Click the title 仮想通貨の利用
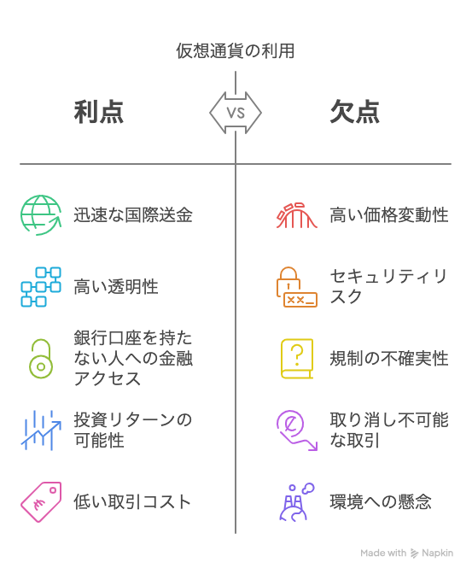pyautogui.click(x=236, y=50)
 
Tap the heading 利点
pyautogui.click(x=99, y=112)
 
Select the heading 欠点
pyautogui.click(x=354, y=112)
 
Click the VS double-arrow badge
pyautogui.click(x=236, y=113)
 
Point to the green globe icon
pyautogui.click(x=41, y=215)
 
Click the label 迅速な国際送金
pyautogui.click(x=133, y=215)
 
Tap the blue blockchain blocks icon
pyautogui.click(x=41, y=287)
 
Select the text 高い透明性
pyautogui.click(x=116, y=287)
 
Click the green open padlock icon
pyautogui.click(x=41, y=366)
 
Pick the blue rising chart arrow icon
pyautogui.click(x=41, y=430)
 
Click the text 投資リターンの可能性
pyautogui.click(x=133, y=430)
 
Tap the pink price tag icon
pyautogui.click(x=41, y=502)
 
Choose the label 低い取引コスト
pyautogui.click(x=132, y=502)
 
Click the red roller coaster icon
pyautogui.click(x=296, y=215)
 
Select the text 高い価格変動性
pyautogui.click(x=389, y=215)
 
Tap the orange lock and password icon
pyautogui.click(x=296, y=287)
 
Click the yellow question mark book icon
pyautogui.click(x=297, y=359)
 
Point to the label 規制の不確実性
pyautogui.click(x=389, y=359)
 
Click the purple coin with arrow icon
pyautogui.click(x=296, y=430)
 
